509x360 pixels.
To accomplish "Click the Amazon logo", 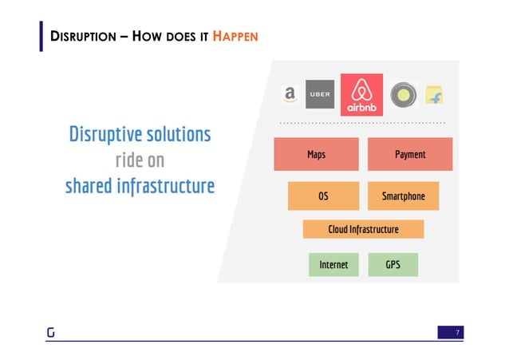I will pyautogui.click(x=289, y=95).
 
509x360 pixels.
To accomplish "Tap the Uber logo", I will pyautogui.click(x=319, y=95).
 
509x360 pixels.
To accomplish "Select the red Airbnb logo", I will pyautogui.click(x=361, y=95).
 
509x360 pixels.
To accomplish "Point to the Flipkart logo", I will pyautogui.click(x=435, y=96).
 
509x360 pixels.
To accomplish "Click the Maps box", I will pyautogui.click(x=316, y=154).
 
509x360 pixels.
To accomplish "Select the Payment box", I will pyautogui.click(x=410, y=154).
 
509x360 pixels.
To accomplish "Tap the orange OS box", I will pyautogui.click(x=323, y=196).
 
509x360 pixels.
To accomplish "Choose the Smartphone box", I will pyautogui.click(x=403, y=196).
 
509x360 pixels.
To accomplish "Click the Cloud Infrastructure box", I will pyautogui.click(x=363, y=229).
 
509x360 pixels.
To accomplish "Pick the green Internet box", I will pyautogui.click(x=333, y=264).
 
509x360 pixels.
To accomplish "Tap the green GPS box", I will pyautogui.click(x=393, y=264).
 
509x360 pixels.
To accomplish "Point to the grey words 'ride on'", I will pyautogui.click(x=140, y=160).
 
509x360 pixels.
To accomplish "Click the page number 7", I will pyautogui.click(x=457, y=331).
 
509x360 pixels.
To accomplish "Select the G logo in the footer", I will pyautogui.click(x=49, y=332).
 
